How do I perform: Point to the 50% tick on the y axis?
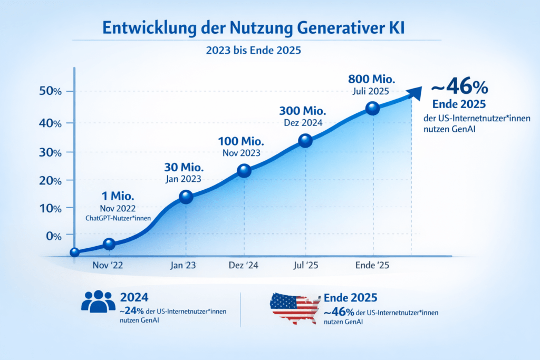pos(51,91)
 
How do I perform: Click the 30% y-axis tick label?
pos(51,152)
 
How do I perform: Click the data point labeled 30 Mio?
pos(186,197)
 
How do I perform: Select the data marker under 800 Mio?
pos(372,109)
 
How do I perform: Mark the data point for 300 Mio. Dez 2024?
pos(305,141)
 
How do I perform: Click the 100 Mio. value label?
pos(241,142)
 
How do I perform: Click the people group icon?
pos(98,301)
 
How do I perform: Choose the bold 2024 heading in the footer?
pos(133,297)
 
